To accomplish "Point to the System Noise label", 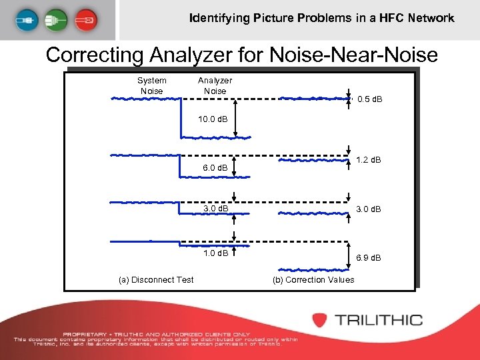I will (151, 85).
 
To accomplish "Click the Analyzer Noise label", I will (215, 85).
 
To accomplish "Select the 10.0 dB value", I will (212, 119).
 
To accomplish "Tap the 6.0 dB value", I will (215, 168).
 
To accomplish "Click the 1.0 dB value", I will (215, 253).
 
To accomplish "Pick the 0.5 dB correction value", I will (370, 100).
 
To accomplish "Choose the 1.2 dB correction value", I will (369, 160).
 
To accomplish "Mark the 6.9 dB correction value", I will (369, 257).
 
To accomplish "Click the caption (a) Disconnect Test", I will (156, 279).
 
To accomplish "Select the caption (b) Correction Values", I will (313, 279).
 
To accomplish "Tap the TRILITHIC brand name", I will (378, 320).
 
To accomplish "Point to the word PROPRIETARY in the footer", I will (83, 334).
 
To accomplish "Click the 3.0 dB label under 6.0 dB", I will (215, 209).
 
